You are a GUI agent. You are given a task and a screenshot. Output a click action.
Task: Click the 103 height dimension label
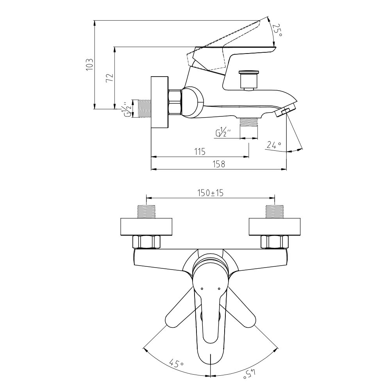(x=89, y=64)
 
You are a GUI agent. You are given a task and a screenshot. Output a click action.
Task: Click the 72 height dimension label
(x=110, y=78)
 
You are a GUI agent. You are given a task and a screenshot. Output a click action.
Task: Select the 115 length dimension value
(x=200, y=152)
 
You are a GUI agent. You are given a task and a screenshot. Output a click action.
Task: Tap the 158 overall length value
(x=219, y=164)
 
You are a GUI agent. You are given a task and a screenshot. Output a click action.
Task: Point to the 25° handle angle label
(x=277, y=30)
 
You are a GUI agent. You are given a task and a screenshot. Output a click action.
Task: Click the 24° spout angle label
(x=274, y=145)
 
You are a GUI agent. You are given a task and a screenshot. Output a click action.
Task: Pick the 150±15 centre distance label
(x=211, y=193)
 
